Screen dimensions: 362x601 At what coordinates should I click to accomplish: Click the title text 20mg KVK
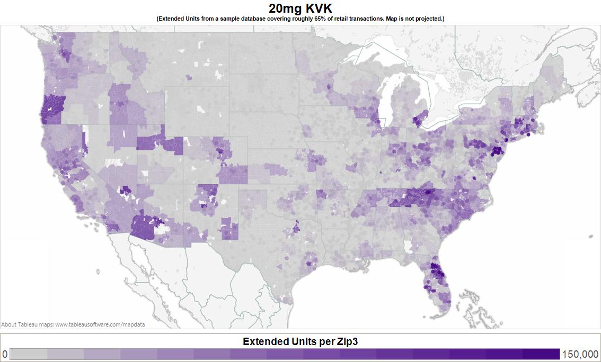(x=300, y=8)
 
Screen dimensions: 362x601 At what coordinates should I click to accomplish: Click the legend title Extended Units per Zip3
(x=300, y=341)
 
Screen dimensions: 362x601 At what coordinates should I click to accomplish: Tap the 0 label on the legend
(x=5, y=354)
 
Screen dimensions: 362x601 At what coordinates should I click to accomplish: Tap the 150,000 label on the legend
(x=580, y=354)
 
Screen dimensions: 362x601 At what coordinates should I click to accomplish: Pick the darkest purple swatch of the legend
(x=541, y=354)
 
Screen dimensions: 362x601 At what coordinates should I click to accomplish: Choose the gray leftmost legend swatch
(x=29, y=354)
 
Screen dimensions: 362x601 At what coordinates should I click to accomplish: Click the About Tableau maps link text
(x=73, y=324)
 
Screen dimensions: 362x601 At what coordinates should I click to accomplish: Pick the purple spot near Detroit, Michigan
(x=419, y=119)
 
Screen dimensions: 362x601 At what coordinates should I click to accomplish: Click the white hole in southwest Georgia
(x=407, y=247)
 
